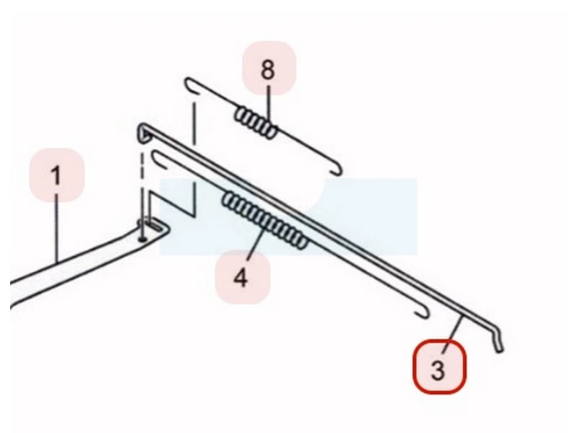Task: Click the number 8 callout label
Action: [269, 69]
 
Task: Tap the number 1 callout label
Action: [57, 175]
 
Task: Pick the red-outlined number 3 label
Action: [439, 367]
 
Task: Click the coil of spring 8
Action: [256, 123]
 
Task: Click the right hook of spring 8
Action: [337, 170]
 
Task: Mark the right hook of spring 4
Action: [424, 313]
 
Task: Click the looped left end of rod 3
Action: [144, 133]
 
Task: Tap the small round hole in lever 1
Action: [142, 240]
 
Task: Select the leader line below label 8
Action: [269, 106]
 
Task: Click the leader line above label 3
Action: [453, 331]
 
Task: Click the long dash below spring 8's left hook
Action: [194, 123]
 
